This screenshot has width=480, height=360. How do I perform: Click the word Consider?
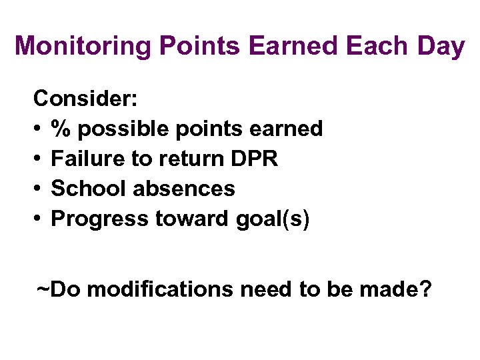point(86,99)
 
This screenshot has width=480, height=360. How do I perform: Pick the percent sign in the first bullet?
point(62,129)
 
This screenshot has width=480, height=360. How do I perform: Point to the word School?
point(89,189)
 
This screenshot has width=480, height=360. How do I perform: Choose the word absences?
point(184,189)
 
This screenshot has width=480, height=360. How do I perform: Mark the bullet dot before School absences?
point(38,189)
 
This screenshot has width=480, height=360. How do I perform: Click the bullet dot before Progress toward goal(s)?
point(38,219)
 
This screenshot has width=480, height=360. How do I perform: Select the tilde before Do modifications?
point(43,289)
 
